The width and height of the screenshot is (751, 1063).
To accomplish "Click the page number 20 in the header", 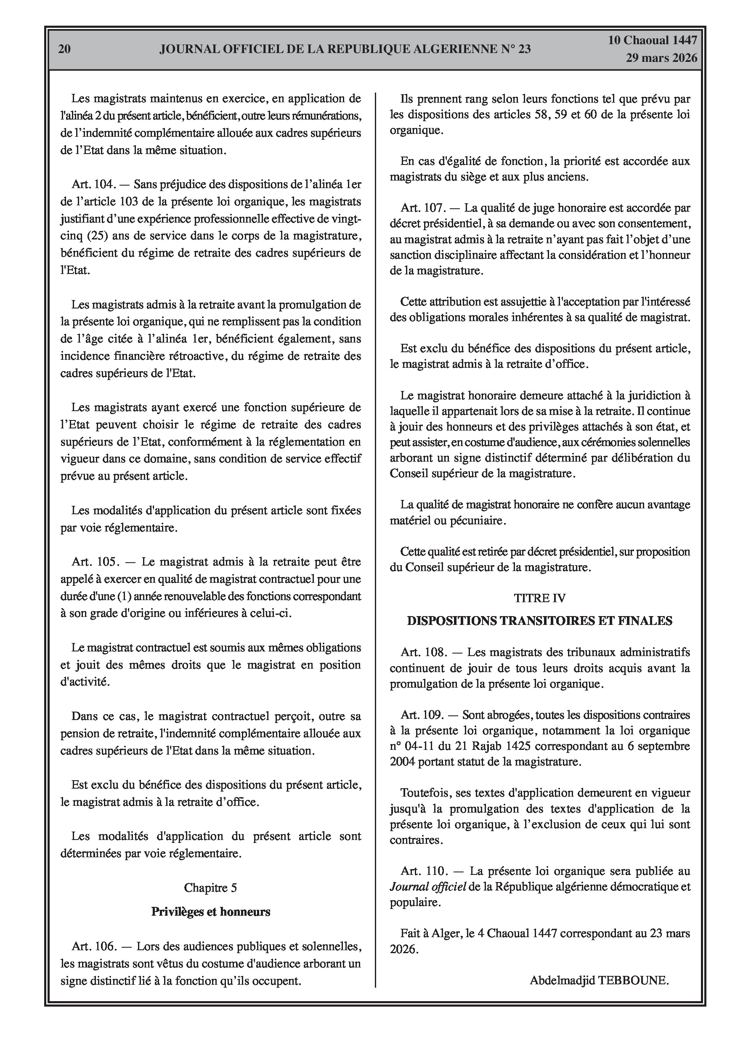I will (x=64, y=49).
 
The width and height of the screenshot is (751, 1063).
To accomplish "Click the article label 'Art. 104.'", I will (x=93, y=184).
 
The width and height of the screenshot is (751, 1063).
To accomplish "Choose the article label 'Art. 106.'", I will (x=93, y=946).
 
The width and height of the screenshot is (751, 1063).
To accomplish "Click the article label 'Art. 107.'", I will (x=422, y=207).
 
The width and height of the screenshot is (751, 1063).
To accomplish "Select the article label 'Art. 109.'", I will (x=422, y=715).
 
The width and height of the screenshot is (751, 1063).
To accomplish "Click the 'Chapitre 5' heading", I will (x=210, y=888).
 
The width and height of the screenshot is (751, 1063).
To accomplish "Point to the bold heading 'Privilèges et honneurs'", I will (x=211, y=912).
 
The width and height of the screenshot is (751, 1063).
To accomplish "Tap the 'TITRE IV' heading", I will (x=539, y=598).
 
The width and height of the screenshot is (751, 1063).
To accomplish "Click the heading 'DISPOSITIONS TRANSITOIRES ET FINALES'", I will (x=539, y=621).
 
